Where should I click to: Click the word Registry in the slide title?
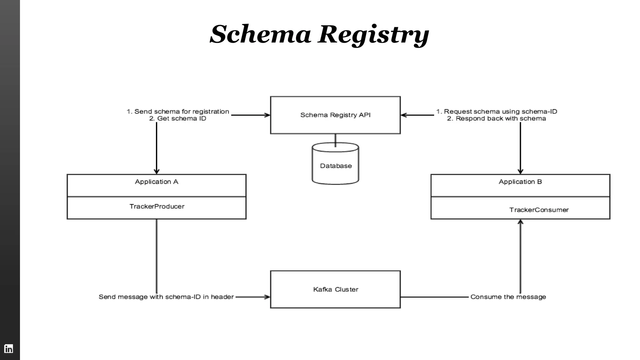pyautogui.click(x=373, y=34)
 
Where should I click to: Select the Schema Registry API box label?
pyautogui.click(x=335, y=115)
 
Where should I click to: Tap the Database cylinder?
pyautogui.click(x=336, y=166)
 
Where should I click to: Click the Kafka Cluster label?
pyautogui.click(x=336, y=289)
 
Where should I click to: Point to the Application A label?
pyautogui.click(x=157, y=182)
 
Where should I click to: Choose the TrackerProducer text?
pyautogui.click(x=157, y=206)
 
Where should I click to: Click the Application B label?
pyautogui.click(x=520, y=182)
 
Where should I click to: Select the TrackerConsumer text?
pyautogui.click(x=539, y=210)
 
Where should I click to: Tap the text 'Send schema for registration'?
pyautogui.click(x=182, y=112)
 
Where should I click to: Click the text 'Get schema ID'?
pyautogui.click(x=181, y=118)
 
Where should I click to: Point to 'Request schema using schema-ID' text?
pyautogui.click(x=500, y=112)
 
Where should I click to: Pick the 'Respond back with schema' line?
pyautogui.click(x=500, y=118)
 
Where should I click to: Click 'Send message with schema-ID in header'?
pyautogui.click(x=166, y=297)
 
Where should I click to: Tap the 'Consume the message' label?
pyautogui.click(x=508, y=297)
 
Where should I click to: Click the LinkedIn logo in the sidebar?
pyautogui.click(x=8, y=348)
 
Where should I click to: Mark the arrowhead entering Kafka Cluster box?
pyautogui.click(x=267, y=297)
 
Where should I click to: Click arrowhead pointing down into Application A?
pyautogui.click(x=157, y=172)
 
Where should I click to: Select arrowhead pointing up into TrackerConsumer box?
pyautogui.click(x=520, y=222)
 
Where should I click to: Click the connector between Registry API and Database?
pyautogui.click(x=335, y=139)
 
